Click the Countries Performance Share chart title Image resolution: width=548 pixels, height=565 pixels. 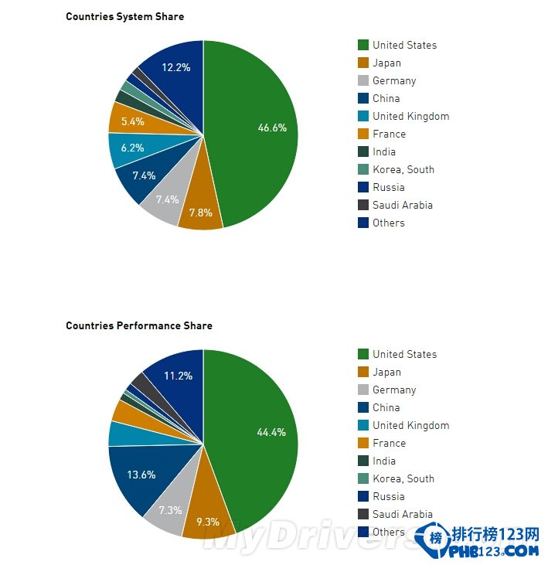coord(138,325)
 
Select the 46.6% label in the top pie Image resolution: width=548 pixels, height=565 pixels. coord(272,128)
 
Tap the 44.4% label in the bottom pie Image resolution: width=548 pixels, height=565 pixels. coord(271,432)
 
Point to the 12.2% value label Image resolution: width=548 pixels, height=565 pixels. coord(176,67)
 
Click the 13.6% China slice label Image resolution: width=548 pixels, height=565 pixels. coord(141,475)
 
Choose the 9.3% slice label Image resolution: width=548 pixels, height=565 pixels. coord(206,522)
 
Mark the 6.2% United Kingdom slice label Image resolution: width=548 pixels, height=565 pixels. coord(132,148)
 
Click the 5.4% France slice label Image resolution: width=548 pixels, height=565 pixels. coord(133,121)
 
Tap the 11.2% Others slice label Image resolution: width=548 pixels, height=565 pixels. coord(177,376)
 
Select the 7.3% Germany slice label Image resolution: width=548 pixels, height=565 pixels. coord(170,510)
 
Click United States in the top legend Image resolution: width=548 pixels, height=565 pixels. coord(404,45)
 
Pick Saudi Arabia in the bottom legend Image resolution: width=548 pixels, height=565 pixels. coord(402,514)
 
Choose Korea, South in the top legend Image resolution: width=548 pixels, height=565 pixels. coord(403,169)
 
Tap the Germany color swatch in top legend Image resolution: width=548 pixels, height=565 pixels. coord(362,80)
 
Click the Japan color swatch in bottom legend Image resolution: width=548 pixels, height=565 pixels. coord(362,372)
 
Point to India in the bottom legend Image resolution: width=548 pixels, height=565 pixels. coord(383,461)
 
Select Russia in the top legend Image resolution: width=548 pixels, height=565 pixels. coord(388,187)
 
